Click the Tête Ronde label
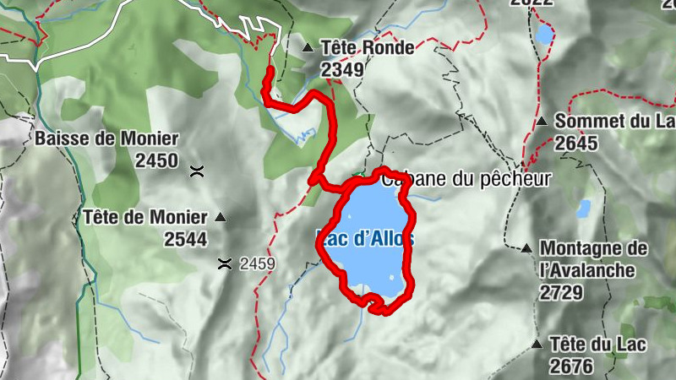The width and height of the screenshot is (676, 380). pos(368,47)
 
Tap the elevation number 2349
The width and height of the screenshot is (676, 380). pos(342,69)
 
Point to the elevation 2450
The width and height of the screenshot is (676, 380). pos(156,160)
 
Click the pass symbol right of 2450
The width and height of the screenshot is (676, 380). pos(197,171)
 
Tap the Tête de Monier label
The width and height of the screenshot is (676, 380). pos(145,217)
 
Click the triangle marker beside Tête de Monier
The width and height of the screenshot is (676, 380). pos(221,217)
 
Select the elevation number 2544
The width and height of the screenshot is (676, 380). pos(185,239)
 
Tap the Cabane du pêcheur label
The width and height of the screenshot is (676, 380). pos(466,178)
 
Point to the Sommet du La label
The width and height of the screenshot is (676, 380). pos(614,122)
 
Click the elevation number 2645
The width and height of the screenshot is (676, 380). pos(576,144)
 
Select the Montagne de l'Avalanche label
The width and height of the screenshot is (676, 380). pos(593,259)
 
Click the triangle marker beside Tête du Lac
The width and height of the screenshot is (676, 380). pos(536,344)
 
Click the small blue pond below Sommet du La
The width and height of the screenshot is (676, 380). pos(583,208)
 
